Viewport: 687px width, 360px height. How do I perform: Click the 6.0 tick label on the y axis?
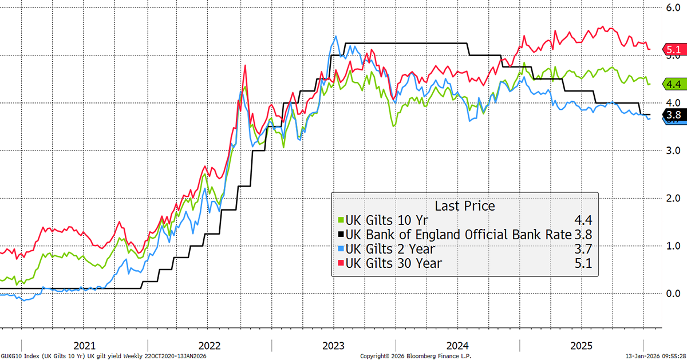pyautogui.click(x=671, y=8)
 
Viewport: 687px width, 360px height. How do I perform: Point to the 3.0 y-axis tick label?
pyautogui.click(x=671, y=151)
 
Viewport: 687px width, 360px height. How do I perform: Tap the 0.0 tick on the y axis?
pyautogui.click(x=671, y=293)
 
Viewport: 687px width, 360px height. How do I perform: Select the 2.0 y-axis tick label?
pyautogui.click(x=671, y=198)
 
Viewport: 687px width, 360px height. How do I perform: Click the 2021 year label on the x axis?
pyautogui.click(x=85, y=346)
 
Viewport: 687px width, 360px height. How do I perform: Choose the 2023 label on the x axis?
pyautogui.click(x=334, y=346)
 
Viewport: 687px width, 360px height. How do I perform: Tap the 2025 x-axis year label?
pyautogui.click(x=582, y=346)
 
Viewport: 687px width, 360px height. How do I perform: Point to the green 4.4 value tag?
pyautogui.click(x=672, y=84)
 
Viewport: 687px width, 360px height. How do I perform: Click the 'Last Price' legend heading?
pyautogui.click(x=465, y=206)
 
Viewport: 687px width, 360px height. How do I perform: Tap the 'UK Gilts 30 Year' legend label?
pyautogui.click(x=393, y=263)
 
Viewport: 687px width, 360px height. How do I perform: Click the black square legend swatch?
pyautogui.click(x=341, y=235)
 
